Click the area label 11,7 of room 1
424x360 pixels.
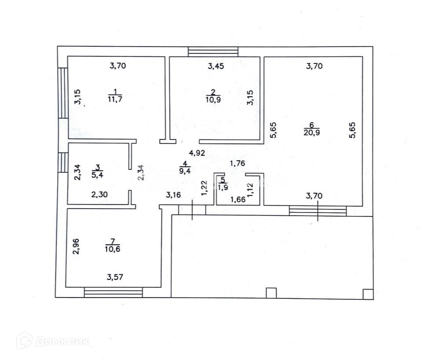tap(115, 99)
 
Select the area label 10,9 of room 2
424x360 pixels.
tap(213, 99)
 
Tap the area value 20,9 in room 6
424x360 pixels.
tap(311, 132)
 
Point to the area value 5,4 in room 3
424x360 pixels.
tap(97, 175)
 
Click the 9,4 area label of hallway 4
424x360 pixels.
tap(185, 171)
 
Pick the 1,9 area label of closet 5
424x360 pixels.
tap(223, 187)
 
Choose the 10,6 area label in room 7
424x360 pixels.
tap(113, 249)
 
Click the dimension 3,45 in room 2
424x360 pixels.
tap(216, 66)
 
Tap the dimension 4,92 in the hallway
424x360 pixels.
tap(197, 153)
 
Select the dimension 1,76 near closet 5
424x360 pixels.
tap(238, 163)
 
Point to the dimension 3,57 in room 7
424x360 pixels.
tap(115, 277)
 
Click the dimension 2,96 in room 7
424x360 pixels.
tap(76, 246)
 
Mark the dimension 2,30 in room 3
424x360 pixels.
tap(99, 195)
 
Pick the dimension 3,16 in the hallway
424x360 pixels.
tap(173, 195)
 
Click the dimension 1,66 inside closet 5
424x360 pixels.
tap(238, 200)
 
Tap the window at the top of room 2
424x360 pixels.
tap(213, 51)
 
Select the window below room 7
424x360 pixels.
tap(113, 292)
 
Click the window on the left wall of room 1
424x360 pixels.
tap(63, 93)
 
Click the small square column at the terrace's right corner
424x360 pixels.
tap(368, 294)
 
